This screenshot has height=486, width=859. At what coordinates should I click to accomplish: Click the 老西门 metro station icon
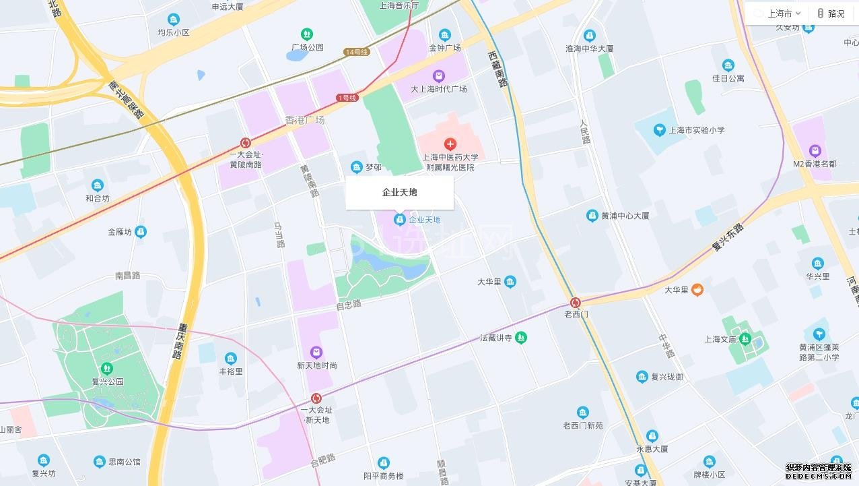pos(576,303)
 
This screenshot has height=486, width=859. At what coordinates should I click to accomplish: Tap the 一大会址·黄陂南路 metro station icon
pos(246,143)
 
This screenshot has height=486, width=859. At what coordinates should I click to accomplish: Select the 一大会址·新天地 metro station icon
pos(316,398)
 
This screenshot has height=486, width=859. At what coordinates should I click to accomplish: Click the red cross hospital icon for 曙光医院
pos(450,144)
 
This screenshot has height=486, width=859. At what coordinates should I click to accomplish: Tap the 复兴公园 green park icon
pos(106,369)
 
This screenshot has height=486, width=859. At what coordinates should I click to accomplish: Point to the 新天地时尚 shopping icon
pos(316,353)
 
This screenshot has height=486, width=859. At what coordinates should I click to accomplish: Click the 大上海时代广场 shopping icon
pos(439,76)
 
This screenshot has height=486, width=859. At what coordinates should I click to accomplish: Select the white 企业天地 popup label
pos(399,193)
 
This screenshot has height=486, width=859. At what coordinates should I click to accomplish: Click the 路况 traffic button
pos(831,13)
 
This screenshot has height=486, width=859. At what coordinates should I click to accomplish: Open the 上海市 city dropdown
pos(780,13)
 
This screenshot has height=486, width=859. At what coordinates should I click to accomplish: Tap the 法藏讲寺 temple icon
pos(521,338)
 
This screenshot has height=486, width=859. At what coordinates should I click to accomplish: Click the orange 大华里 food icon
pos(697,290)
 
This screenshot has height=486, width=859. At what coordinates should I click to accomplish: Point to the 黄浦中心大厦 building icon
pos(592,216)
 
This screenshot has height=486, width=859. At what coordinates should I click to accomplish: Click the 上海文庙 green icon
pos(745,338)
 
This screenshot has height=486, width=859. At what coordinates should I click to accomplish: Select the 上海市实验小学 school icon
pos(659,130)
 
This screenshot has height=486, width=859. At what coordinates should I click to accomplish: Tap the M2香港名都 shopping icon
pos(815,150)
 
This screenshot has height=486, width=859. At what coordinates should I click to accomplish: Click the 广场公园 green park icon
pos(307,34)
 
